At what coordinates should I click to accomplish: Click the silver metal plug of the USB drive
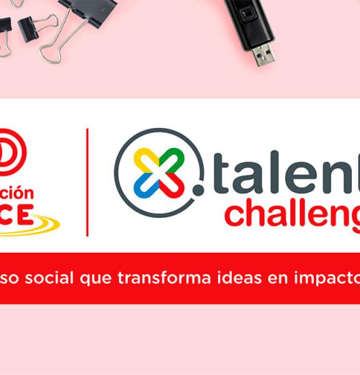click(x=264, y=54)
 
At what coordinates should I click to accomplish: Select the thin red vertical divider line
click(x=87, y=182)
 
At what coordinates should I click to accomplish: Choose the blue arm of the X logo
click(x=145, y=188)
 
